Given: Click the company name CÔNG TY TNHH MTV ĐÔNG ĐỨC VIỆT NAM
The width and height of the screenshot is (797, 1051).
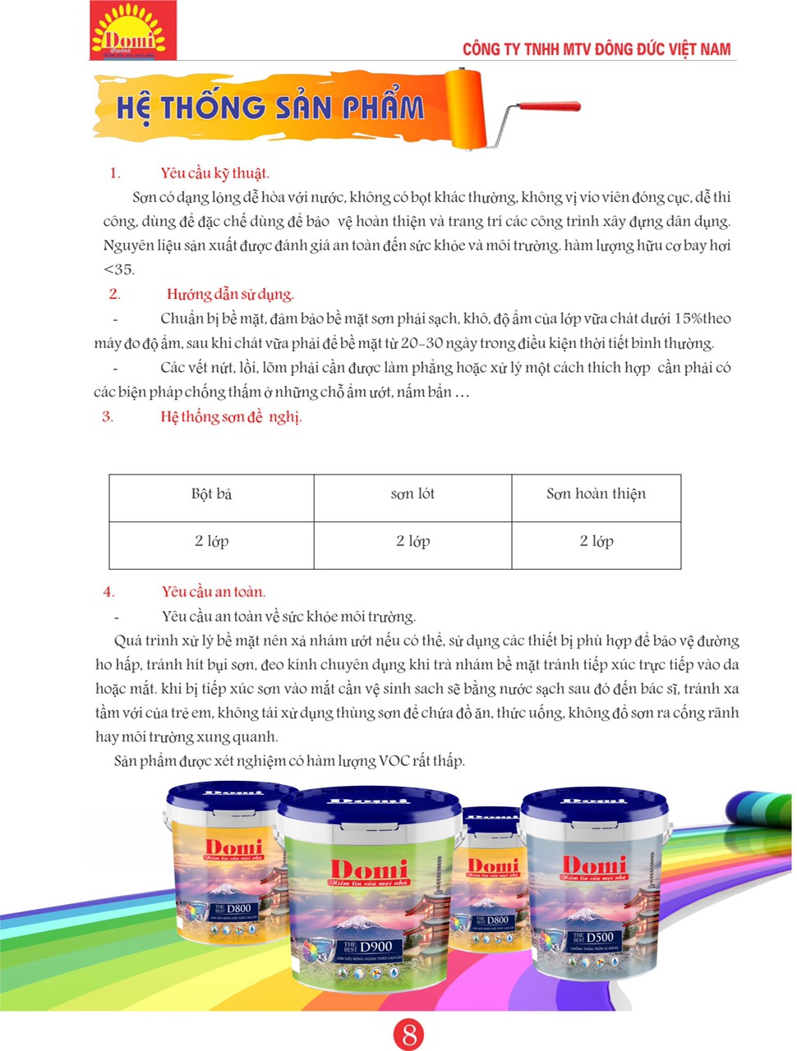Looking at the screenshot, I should click(596, 49).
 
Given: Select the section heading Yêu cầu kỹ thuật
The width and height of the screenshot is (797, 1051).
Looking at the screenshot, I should click(214, 172).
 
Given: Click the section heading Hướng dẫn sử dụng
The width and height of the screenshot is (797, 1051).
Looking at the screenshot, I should click(230, 294).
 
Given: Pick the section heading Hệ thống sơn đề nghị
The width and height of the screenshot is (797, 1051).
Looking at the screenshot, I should click(231, 416).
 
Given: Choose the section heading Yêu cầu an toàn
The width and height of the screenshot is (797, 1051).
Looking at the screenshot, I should click(214, 591).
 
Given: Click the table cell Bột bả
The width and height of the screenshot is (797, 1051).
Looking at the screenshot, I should click(211, 493).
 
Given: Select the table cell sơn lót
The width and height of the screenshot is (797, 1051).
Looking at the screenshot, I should click(412, 493).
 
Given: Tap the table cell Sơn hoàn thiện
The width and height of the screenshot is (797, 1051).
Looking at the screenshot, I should click(596, 493).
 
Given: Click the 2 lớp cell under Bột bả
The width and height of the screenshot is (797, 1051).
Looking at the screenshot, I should click(211, 541).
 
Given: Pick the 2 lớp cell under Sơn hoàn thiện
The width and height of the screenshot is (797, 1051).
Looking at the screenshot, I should click(596, 541).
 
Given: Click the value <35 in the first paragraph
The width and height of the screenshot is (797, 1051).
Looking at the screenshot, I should click(119, 269).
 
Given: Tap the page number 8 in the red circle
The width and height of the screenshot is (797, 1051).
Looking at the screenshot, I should click(408, 1035).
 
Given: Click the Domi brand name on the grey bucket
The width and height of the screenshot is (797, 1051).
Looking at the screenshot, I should click(593, 865).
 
